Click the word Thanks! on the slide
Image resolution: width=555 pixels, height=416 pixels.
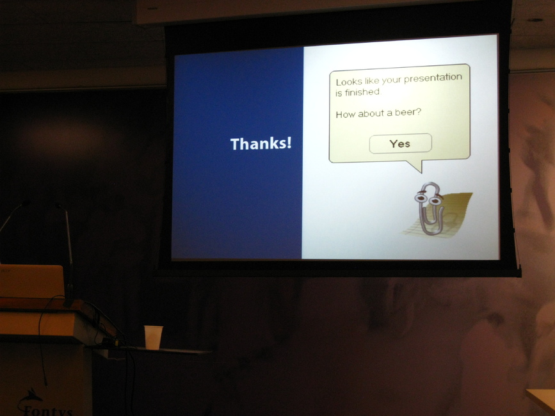pos(261,143)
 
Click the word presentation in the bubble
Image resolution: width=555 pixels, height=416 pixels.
pos(433,79)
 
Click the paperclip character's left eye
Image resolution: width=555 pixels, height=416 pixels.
pos(421,198)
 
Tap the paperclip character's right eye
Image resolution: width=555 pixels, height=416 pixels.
pos(435,201)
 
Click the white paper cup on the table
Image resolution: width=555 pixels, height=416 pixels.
pos(153,337)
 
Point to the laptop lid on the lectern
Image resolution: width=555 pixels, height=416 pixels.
pos(32,281)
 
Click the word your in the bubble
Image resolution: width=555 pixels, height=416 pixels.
pos(390,81)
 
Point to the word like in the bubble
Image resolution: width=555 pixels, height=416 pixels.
pos(368,81)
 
